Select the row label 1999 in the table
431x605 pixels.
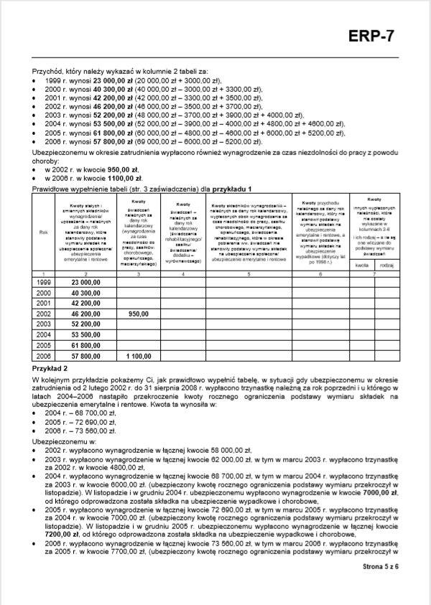pos(44,283)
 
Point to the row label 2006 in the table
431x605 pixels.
pos(44,355)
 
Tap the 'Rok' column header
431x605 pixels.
pos(44,232)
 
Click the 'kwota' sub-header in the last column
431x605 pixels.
pos(361,265)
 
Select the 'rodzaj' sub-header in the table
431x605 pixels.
pos(386,265)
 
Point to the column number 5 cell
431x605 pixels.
pos(248,273)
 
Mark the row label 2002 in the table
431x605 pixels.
pos(44,314)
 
